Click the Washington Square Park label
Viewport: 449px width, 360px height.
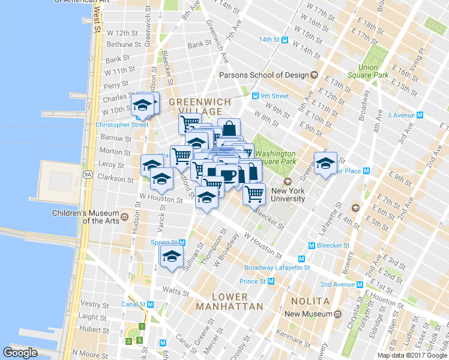275,157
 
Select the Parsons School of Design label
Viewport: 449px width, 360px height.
264,75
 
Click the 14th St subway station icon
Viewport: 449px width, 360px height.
286,40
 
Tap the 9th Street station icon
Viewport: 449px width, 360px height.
255,96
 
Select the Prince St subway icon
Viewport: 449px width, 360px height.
271,281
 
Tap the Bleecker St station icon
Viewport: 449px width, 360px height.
312,245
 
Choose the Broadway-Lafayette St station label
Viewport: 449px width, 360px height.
277,268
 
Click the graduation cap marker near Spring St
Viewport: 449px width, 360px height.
172,256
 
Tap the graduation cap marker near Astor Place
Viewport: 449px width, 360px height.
325,163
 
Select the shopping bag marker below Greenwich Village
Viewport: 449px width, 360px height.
229,128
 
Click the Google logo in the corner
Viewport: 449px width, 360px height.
20,353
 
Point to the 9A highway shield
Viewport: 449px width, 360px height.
88,175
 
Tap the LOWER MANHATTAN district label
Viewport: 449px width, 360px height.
229,302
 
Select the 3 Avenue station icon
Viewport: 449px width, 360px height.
420,115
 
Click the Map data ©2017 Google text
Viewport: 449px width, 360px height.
412,355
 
